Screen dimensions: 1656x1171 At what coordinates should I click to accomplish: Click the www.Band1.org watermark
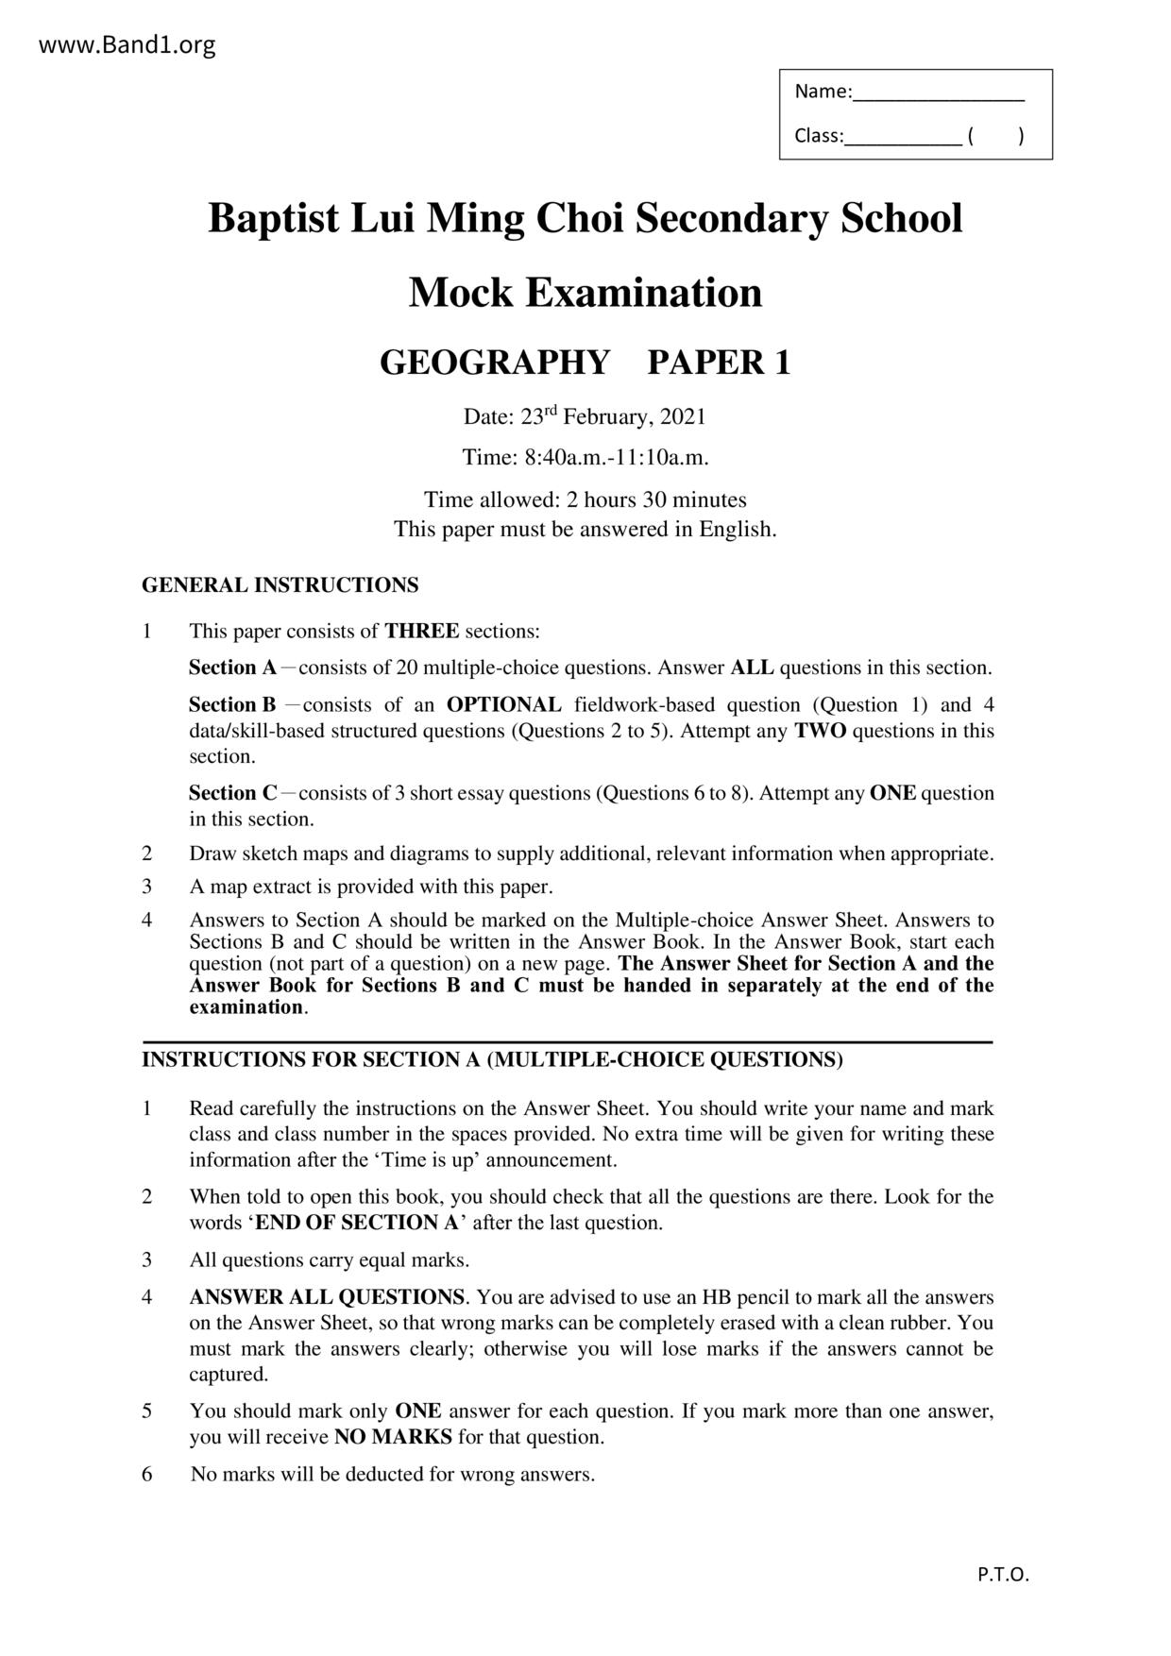127,44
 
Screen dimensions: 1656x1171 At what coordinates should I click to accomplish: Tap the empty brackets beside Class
995,136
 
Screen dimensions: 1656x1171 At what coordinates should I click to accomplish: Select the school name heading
585,218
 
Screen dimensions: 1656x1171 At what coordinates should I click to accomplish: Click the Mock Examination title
585,293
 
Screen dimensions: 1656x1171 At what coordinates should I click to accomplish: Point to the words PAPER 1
718,363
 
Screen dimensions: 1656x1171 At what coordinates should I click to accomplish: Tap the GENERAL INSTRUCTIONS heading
280,585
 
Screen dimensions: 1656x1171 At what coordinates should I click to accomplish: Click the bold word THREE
421,631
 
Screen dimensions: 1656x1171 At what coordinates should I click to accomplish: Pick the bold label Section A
232,667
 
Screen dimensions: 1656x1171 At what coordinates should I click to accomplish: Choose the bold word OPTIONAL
503,704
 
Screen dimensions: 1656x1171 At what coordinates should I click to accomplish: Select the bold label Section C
232,793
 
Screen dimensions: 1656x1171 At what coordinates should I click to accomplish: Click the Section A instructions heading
492,1059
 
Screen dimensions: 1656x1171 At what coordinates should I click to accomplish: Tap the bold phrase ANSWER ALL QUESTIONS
327,1297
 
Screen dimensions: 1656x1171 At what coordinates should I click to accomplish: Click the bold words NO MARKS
393,1437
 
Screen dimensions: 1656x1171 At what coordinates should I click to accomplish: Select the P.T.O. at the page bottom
1003,1574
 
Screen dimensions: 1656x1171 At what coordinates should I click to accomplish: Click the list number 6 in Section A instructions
147,1474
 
